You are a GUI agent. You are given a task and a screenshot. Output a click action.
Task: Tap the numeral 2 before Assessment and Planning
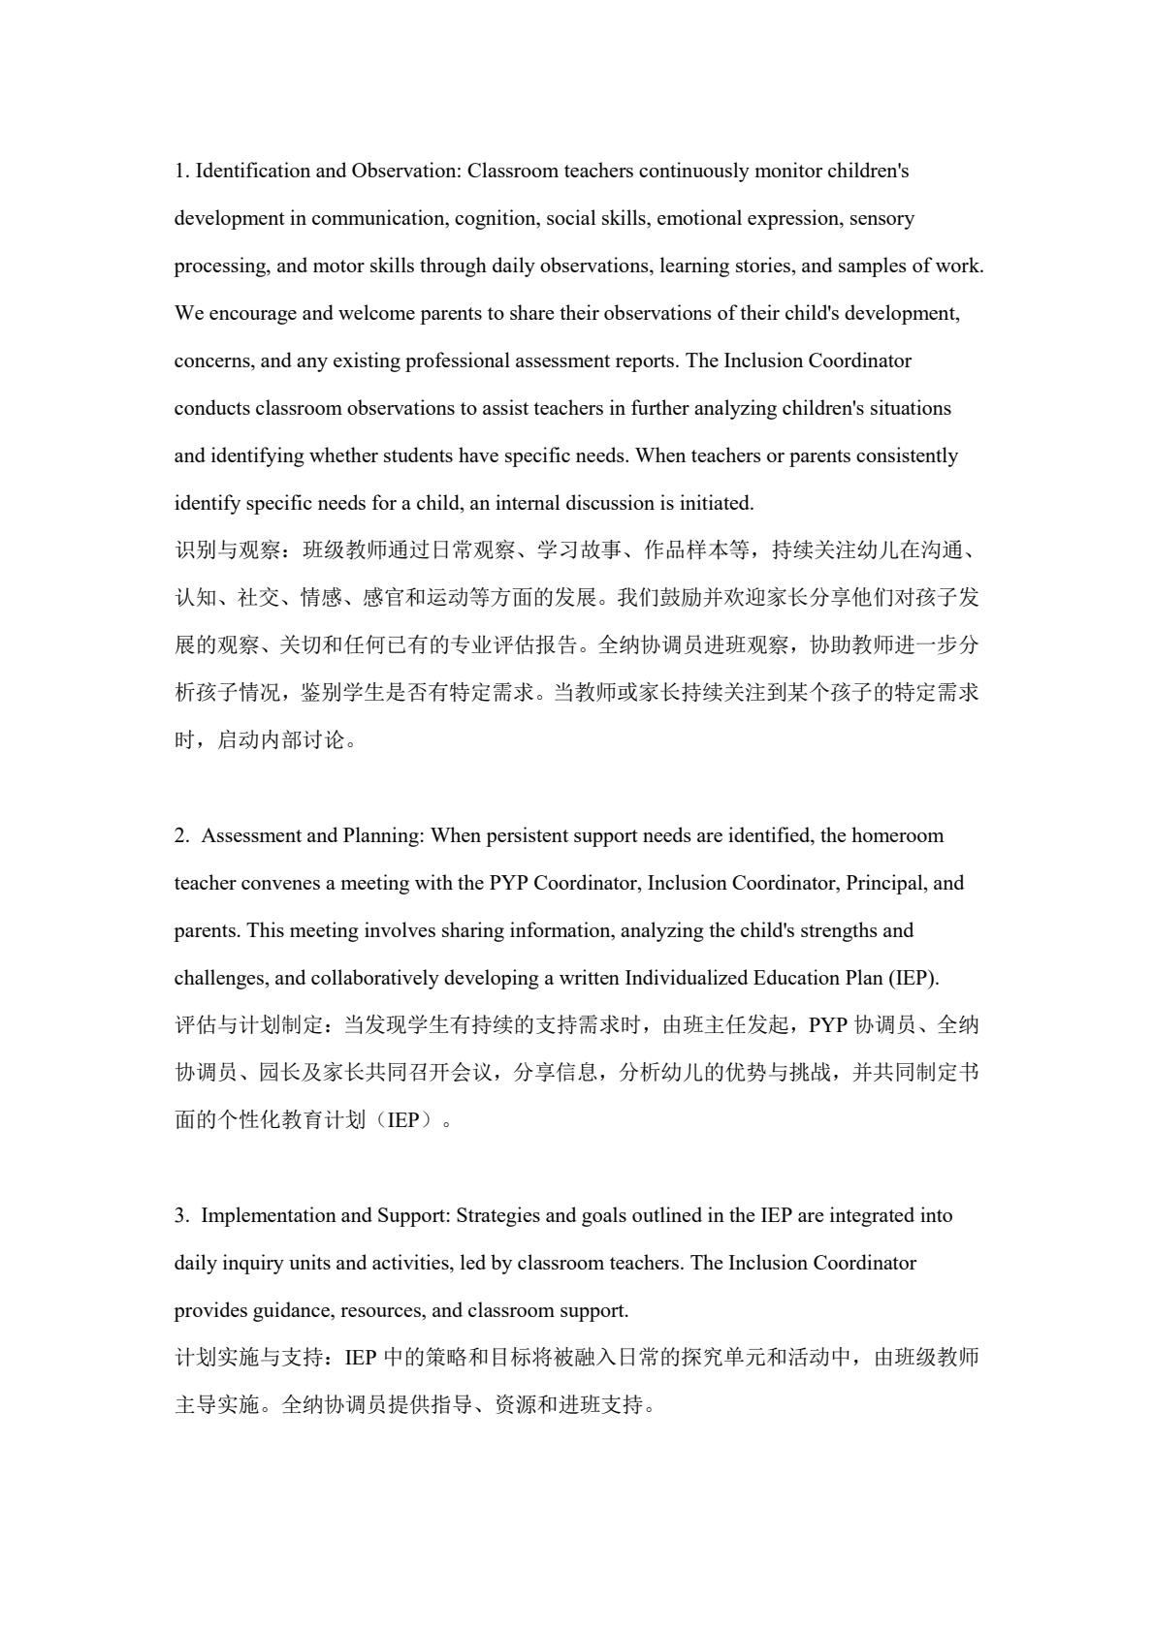coord(180,836)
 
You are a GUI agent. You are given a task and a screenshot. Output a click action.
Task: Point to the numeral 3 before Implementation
coord(180,1216)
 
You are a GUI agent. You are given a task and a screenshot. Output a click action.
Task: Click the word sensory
coord(882,219)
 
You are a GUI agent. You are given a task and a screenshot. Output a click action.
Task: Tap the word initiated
coord(717,504)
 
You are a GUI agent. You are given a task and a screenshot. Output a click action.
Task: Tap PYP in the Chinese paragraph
coord(827,1026)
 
